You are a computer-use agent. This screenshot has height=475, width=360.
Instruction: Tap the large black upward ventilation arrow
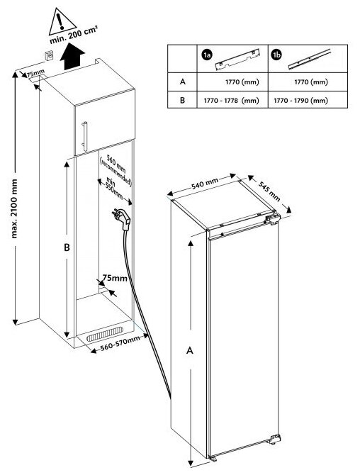point(72,57)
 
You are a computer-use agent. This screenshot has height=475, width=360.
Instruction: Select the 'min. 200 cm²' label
point(74,35)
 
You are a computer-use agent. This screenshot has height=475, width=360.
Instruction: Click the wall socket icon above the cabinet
point(50,56)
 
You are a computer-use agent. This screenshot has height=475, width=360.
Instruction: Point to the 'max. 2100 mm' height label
point(14,208)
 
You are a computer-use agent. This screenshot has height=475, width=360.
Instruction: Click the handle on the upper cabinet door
point(85,136)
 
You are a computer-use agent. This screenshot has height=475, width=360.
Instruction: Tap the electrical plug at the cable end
point(122,219)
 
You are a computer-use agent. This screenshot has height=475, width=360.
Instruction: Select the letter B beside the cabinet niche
point(67,247)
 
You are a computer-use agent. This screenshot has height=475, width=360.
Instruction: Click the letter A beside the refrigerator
point(190,350)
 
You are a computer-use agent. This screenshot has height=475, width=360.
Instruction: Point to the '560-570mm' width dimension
point(120,343)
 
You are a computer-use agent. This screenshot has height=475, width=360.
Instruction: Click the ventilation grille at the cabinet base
point(105,334)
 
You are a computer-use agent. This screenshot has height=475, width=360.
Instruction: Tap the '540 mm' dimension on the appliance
point(205,184)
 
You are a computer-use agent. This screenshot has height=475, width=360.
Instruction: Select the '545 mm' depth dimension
point(269,191)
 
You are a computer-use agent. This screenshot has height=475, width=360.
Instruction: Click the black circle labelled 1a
point(207,55)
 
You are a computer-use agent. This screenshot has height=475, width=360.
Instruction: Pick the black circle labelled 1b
point(277,55)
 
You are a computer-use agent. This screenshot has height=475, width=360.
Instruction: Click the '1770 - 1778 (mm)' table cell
point(231,100)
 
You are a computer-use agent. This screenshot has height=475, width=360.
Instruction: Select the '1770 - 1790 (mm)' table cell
point(301,100)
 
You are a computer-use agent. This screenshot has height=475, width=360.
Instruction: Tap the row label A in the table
point(182,82)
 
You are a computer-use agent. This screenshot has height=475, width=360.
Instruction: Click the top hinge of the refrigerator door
point(273,218)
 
